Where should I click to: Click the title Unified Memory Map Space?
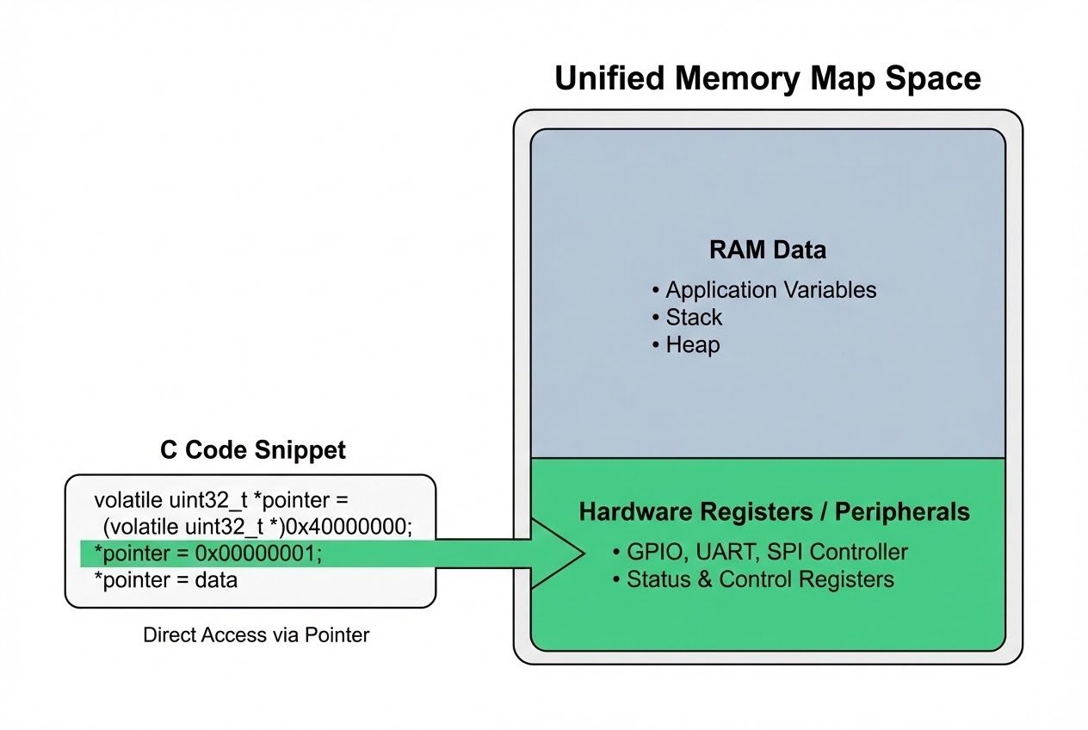[x=767, y=78]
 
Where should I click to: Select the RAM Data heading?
[x=767, y=250]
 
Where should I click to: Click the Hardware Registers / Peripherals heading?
[x=774, y=512]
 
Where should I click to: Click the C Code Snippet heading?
[x=253, y=449]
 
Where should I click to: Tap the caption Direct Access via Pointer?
[x=256, y=635]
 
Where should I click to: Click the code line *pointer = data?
[x=165, y=579]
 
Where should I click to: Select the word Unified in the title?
[x=608, y=78]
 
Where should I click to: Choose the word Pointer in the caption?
[x=340, y=635]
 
